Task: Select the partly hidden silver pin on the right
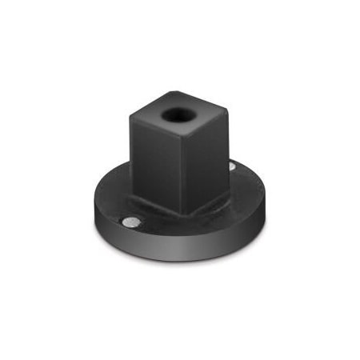coord(231,166)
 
